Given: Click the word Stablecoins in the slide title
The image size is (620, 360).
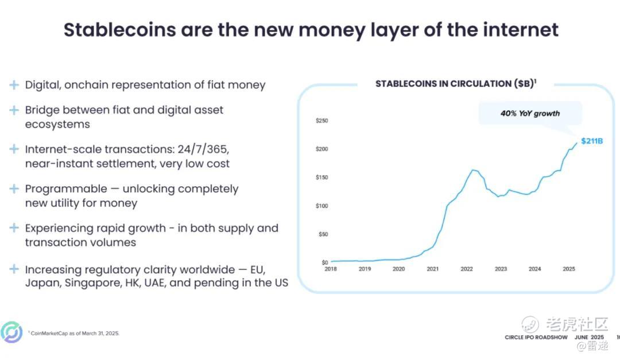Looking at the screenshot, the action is pyautogui.click(x=120, y=30).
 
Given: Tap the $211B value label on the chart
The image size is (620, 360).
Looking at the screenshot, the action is pyautogui.click(x=592, y=141).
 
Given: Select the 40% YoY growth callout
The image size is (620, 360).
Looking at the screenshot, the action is pyautogui.click(x=530, y=114).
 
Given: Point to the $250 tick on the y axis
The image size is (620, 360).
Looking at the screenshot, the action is pyautogui.click(x=322, y=121).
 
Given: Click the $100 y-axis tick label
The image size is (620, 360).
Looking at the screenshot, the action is pyautogui.click(x=322, y=206).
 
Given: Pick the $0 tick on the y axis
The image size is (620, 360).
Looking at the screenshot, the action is pyautogui.click(x=324, y=262).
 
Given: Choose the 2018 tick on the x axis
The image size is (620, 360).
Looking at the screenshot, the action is pyautogui.click(x=331, y=269).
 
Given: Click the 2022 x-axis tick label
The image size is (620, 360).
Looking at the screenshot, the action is pyautogui.click(x=467, y=269).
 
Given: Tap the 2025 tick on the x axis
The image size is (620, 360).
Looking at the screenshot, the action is pyautogui.click(x=569, y=269).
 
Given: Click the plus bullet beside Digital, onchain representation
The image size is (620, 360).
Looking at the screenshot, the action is pyautogui.click(x=14, y=84).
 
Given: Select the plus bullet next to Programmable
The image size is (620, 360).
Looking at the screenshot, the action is pyautogui.click(x=14, y=189).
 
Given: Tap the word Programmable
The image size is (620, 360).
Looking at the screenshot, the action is pyautogui.click(x=66, y=189).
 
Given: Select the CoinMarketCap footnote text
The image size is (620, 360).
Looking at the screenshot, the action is pyautogui.click(x=74, y=334).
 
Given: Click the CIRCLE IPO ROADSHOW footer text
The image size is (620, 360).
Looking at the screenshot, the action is pyautogui.click(x=536, y=338).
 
